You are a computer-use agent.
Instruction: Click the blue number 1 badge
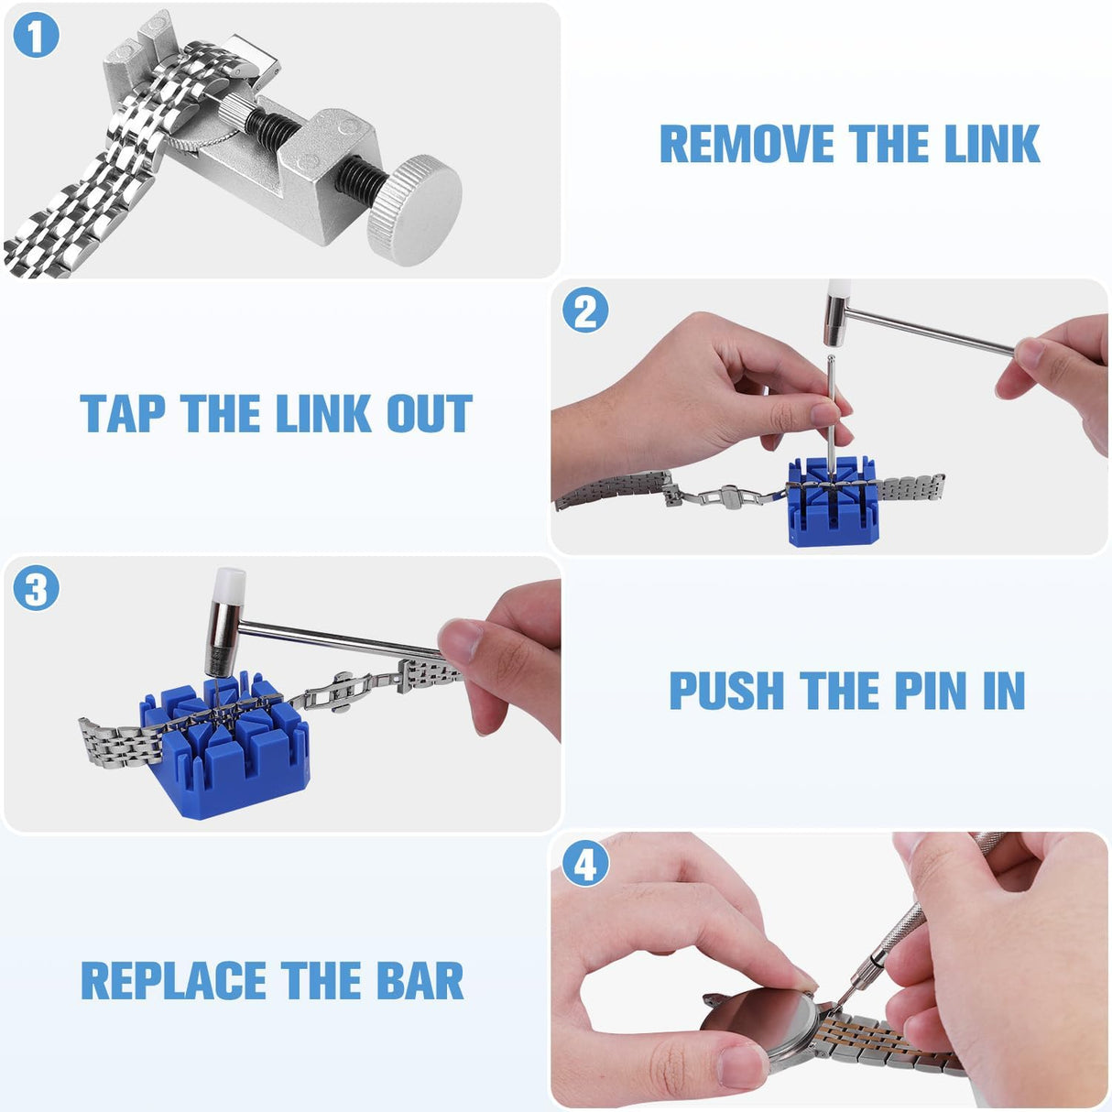tap(36, 36)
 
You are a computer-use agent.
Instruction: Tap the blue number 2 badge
tap(585, 311)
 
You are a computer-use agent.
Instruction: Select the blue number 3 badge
tap(36, 589)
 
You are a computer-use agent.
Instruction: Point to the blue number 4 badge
tap(585, 864)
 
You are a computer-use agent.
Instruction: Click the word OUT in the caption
tap(429, 414)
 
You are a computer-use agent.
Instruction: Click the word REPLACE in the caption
tap(174, 981)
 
